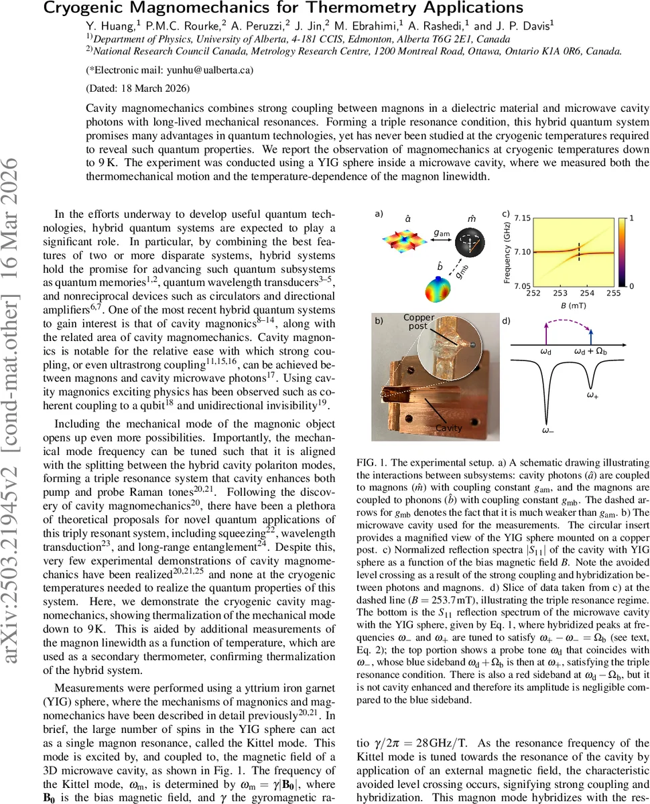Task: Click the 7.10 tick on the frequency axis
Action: click(x=522, y=251)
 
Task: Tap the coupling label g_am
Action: click(x=442, y=232)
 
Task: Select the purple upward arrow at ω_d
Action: click(x=547, y=332)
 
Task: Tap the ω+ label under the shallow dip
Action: click(x=592, y=396)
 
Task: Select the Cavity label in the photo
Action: click(x=449, y=427)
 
